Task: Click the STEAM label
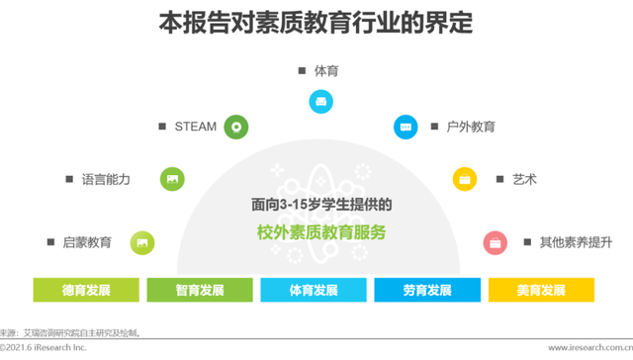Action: pyautogui.click(x=195, y=127)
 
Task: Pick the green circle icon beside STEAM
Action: pyautogui.click(x=235, y=127)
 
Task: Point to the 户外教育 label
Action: pyautogui.click(x=470, y=127)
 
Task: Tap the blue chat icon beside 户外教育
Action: pyautogui.click(x=405, y=127)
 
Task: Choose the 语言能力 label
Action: pyautogui.click(x=106, y=179)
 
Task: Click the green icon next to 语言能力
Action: pyautogui.click(x=172, y=179)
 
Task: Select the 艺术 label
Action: pyautogui.click(x=524, y=179)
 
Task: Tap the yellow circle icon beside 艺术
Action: pyautogui.click(x=465, y=179)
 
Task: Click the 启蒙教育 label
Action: pyautogui.click(x=87, y=241)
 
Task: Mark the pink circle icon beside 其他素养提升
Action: pyautogui.click(x=495, y=241)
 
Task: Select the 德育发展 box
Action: pyautogui.click(x=86, y=290)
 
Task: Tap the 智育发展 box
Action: pyautogui.click(x=200, y=290)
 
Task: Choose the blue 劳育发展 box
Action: pyautogui.click(x=427, y=290)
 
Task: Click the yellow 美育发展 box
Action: pyautogui.click(x=541, y=290)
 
